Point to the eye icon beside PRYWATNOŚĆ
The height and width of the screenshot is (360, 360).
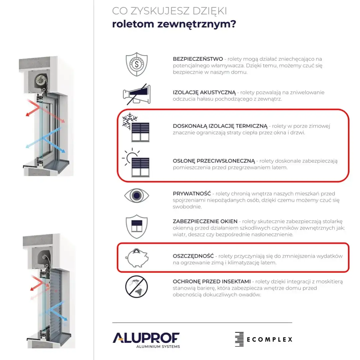136,196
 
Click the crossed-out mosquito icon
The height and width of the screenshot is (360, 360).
136,287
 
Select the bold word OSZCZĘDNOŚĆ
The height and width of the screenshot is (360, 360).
193,256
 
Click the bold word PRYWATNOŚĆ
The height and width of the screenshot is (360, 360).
192,194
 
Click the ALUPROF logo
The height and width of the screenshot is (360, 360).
146,338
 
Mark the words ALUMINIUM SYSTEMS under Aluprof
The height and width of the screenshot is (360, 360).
158,347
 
